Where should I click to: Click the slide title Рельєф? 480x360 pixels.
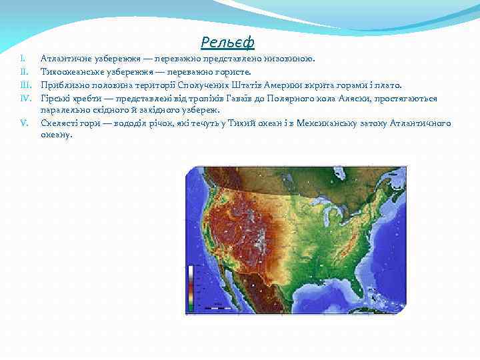227,43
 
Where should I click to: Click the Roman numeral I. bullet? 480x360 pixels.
23,59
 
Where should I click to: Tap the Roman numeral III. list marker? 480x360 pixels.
26,85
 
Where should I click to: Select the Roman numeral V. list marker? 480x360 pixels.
24,123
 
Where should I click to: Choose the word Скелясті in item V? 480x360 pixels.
57,123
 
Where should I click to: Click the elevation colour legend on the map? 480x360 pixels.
192,287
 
